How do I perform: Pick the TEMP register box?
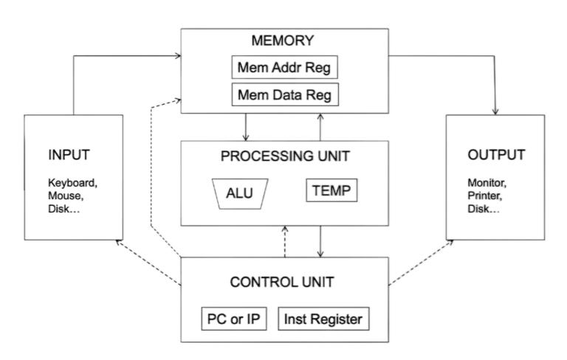pos(331,192)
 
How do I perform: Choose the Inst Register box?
pos(323,319)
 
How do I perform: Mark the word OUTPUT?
pos(495,155)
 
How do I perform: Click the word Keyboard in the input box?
pos(72,182)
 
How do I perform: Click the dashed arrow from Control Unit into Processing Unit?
pos(285,242)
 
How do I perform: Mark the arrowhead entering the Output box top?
pos(495,111)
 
